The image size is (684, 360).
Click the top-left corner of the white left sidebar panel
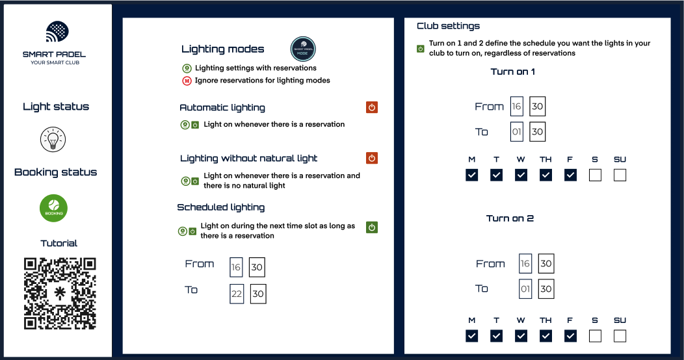click(x=4, y=5)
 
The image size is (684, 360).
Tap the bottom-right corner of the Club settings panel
click(x=670, y=354)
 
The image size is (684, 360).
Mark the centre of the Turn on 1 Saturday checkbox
click(x=595, y=175)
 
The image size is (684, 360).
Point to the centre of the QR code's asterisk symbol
click(x=60, y=293)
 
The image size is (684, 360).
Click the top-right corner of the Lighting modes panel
click(x=394, y=18)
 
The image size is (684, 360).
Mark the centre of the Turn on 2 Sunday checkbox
click(x=620, y=336)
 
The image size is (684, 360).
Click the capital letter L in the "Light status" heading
click(x=25, y=107)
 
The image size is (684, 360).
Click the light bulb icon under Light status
click(x=53, y=140)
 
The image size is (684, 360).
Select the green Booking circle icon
click(x=54, y=208)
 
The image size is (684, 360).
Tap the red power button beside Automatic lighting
click(x=372, y=107)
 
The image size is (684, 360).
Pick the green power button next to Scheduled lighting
click(x=372, y=227)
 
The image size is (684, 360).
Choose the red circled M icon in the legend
click(x=187, y=81)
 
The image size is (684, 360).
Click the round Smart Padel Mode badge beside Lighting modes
click(x=303, y=49)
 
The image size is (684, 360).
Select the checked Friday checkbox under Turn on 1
click(x=571, y=175)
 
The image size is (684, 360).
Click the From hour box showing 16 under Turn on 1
click(x=516, y=107)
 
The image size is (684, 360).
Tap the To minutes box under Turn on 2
click(x=546, y=289)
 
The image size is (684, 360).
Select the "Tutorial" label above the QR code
click(x=59, y=243)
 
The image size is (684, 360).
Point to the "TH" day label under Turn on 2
click(x=546, y=320)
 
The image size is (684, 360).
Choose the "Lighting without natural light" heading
click(x=248, y=158)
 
